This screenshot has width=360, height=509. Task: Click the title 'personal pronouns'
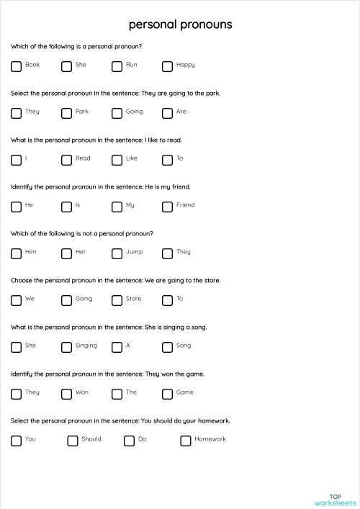tap(180, 24)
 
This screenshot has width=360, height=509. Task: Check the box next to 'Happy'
tap(167, 66)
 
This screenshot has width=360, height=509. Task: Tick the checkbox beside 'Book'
tap(16, 66)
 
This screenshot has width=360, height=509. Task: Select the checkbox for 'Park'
tap(66, 113)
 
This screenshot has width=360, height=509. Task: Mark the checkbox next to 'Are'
tap(167, 113)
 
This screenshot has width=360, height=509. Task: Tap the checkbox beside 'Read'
tap(66, 160)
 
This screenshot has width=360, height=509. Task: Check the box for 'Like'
tap(117, 160)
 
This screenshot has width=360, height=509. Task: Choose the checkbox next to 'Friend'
tap(167, 207)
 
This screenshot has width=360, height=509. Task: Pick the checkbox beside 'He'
tap(16, 207)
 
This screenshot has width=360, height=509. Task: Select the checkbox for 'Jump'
tap(117, 253)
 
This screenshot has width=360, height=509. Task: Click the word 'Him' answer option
tap(30, 252)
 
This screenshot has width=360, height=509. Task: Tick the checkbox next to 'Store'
tap(117, 300)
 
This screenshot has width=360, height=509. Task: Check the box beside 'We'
tap(16, 300)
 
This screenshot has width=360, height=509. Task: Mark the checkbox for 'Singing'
tap(66, 347)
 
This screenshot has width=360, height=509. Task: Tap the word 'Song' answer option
tap(184, 346)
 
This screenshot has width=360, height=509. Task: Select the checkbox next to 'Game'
tap(167, 394)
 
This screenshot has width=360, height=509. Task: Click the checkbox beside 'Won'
tap(66, 394)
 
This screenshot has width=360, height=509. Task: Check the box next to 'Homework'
tap(185, 441)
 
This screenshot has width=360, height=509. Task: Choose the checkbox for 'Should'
tap(72, 441)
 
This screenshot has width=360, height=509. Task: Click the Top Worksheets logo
tap(336, 499)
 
